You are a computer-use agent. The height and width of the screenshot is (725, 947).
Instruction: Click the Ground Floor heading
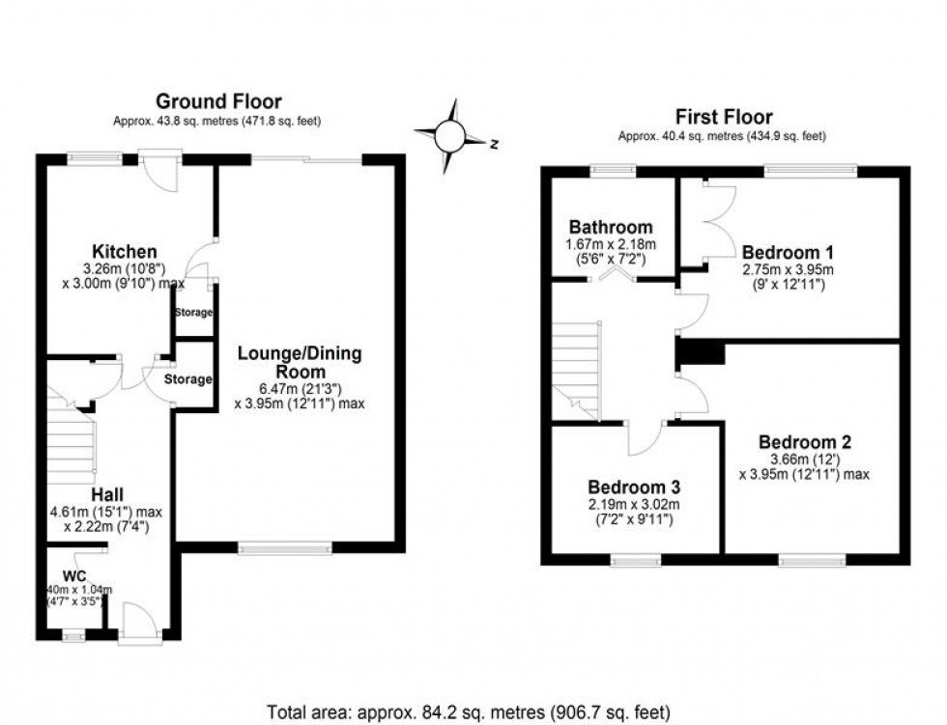click(218, 101)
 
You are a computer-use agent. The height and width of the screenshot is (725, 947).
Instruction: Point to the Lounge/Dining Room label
click(300, 364)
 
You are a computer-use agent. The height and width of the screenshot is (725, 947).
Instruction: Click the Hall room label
click(107, 494)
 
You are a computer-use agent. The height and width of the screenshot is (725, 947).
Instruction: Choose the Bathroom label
click(610, 228)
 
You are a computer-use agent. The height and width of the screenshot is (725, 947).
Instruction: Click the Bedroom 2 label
click(804, 442)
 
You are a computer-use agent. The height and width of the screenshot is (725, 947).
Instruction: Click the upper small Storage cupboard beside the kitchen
click(193, 313)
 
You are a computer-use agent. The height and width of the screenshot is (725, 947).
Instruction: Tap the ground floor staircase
click(72, 444)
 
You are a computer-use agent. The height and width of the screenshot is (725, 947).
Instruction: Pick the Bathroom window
click(607, 171)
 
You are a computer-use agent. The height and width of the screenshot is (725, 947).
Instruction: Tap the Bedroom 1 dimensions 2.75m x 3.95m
click(787, 269)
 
